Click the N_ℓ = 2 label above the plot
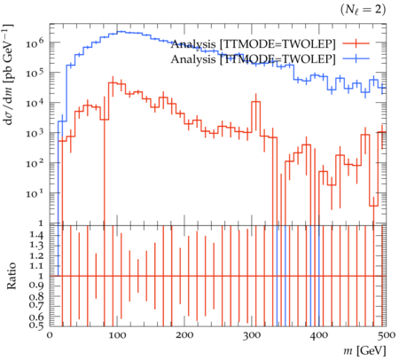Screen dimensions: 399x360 [364, 10]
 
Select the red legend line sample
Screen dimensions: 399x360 [356, 43]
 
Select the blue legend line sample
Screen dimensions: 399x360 [356, 59]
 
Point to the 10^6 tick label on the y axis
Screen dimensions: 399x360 [35, 43]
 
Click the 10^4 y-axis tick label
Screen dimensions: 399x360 [35, 103]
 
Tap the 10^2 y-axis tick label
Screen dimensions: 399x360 [35, 163]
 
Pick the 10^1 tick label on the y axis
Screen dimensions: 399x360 [35, 193]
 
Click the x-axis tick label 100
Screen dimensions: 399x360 [117, 335]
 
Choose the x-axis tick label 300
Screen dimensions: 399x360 [252, 335]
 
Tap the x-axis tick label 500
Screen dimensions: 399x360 [386, 335]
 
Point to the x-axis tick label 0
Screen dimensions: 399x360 [50, 335]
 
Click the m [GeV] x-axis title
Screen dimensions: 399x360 [364, 351]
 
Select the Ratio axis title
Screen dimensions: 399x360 [12, 276]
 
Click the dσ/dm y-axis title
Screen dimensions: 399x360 [8, 74]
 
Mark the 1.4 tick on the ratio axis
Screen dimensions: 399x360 [36, 235]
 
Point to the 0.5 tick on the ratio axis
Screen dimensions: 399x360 [36, 325]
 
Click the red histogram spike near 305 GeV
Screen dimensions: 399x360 [256, 102]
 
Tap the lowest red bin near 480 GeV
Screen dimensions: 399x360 [373, 206]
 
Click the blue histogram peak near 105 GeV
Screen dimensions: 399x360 [121, 31]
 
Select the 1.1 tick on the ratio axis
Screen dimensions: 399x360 [36, 266]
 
